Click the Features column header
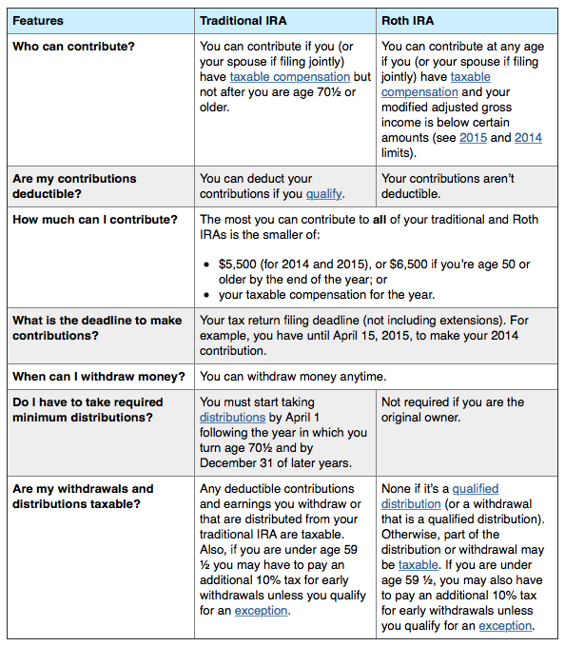coord(38,20)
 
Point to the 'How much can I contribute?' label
coord(94,220)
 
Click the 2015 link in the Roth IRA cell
coord(473,137)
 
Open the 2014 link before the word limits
coord(528,137)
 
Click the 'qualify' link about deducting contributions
coord(323,194)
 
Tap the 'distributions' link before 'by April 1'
coord(232,418)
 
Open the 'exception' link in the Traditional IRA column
coord(261,610)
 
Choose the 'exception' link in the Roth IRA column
coord(505,625)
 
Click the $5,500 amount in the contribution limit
coord(239,264)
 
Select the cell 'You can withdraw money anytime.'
coord(293,376)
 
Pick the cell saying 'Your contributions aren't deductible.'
coord(447,186)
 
